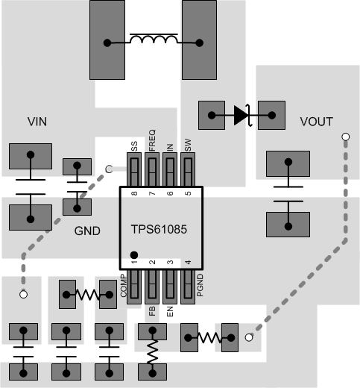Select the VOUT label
coord(316,122)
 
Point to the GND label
coord(87,231)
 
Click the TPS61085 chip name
coord(161,231)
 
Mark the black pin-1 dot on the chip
coord(134,254)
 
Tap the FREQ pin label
coord(153,140)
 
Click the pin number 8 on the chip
coord(134,194)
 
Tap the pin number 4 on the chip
coord(188,263)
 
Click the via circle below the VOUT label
coord(344,137)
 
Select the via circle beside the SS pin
coord(108,169)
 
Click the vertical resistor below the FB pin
coord(153,351)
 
